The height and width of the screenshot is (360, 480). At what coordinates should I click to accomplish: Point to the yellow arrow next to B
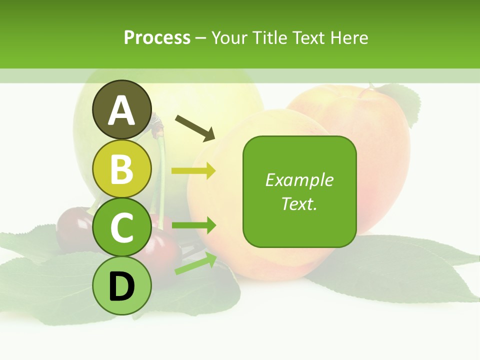pyautogui.click(x=193, y=171)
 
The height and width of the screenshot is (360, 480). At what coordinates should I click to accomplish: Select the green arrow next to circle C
pyautogui.click(x=193, y=225)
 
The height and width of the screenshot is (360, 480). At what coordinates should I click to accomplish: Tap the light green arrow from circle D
pyautogui.click(x=195, y=263)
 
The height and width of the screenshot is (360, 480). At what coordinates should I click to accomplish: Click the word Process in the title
pyautogui.click(x=157, y=38)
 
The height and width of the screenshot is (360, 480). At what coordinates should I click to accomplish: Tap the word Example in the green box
pyautogui.click(x=299, y=180)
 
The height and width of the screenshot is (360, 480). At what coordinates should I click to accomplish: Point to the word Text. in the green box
pyautogui.click(x=299, y=203)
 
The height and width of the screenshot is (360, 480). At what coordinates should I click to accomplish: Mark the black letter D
pyautogui.click(x=121, y=286)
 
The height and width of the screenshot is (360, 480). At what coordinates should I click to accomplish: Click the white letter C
pyautogui.click(x=121, y=227)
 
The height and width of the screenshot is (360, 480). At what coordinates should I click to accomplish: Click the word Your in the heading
pyautogui.click(x=229, y=38)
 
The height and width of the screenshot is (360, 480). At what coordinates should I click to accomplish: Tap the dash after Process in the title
pyautogui.click(x=201, y=38)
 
